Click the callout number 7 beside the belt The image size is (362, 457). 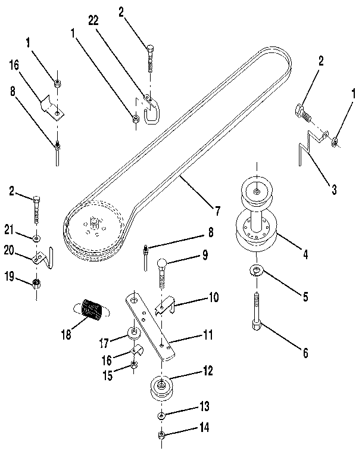[x=218, y=210]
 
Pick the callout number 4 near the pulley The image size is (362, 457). [x=305, y=254]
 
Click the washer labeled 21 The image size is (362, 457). [x=37, y=239]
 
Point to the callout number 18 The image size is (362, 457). [x=66, y=334]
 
